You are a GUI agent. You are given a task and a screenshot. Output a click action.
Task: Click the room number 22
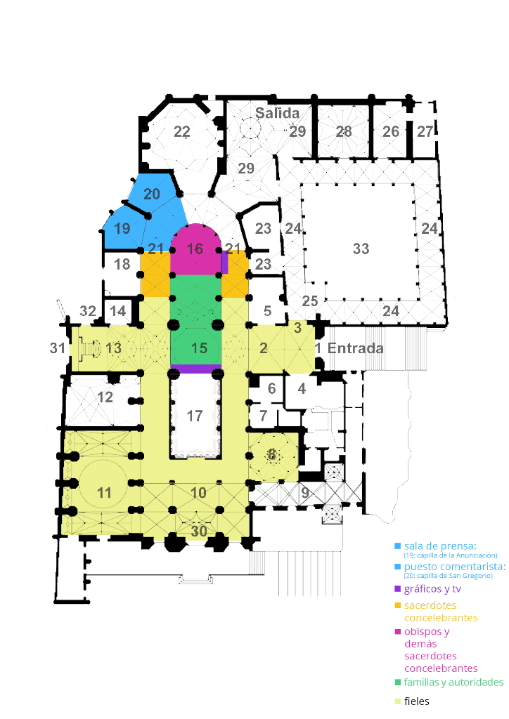point(182,131)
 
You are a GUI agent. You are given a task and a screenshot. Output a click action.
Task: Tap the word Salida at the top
point(277,113)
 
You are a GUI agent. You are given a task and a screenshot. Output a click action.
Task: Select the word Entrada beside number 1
point(355,348)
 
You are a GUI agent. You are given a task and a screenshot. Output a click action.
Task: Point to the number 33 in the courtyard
point(361,249)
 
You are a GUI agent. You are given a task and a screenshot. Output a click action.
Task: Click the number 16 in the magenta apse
point(195,249)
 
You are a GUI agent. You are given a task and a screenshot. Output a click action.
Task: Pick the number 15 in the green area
point(199,348)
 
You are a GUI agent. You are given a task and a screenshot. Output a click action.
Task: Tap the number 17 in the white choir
point(195,416)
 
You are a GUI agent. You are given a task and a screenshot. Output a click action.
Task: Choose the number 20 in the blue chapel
point(151,194)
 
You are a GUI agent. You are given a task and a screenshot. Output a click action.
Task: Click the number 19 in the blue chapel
point(122,228)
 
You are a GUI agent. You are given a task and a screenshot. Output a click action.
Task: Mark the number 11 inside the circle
point(104,493)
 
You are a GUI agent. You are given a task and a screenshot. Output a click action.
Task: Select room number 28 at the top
point(343,131)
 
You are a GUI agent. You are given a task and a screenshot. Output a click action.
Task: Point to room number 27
point(425,131)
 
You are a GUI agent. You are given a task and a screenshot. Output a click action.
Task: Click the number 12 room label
point(105,397)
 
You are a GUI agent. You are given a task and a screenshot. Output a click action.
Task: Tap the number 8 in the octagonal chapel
point(271,454)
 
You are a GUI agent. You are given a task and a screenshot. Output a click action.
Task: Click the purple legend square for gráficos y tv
point(398,589)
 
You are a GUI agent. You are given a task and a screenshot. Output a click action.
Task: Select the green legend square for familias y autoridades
point(398,682)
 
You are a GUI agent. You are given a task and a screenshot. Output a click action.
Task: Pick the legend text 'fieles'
point(417,701)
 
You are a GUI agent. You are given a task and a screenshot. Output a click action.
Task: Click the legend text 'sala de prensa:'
point(440,546)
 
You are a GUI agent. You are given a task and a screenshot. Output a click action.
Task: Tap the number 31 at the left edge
point(58,348)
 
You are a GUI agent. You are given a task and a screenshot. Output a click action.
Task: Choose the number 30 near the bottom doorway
point(199,531)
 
